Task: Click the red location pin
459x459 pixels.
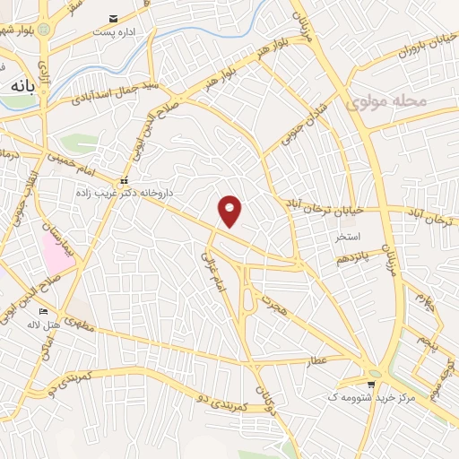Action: coord(231,211)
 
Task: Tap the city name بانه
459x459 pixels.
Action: coord(23,87)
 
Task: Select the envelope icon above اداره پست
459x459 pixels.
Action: coord(113,19)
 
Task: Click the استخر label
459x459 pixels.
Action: coord(347,238)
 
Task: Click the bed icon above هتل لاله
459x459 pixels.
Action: coord(44,310)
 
